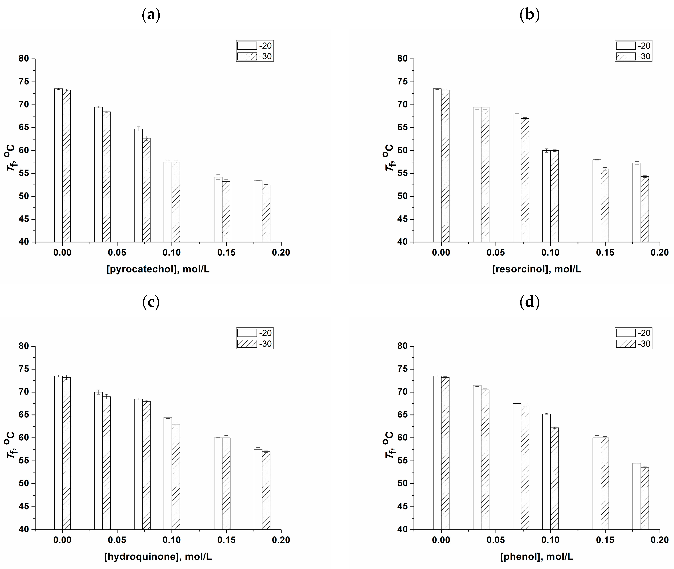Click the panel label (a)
tap(151, 15)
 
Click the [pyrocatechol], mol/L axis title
tap(158, 269)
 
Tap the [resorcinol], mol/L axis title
tap(537, 269)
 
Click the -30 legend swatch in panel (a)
tap(247, 56)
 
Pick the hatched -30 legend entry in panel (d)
tap(626, 344)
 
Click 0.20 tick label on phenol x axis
tap(660, 540)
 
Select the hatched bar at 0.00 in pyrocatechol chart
tap(66, 166)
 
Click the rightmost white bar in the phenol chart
tap(637, 496)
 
